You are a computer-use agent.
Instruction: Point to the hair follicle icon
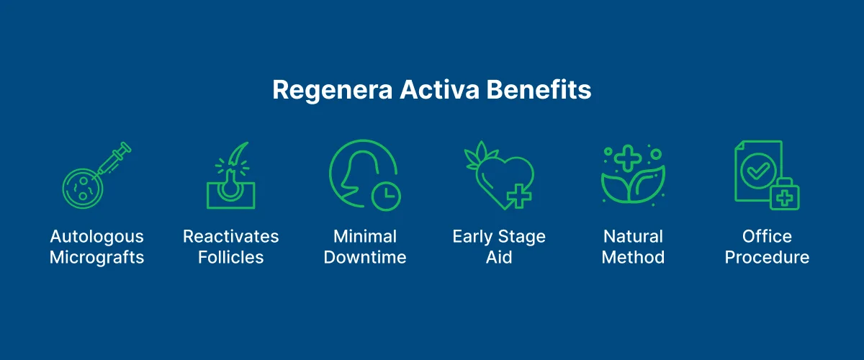click(230, 177)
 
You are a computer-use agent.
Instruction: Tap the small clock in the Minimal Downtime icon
click(386, 195)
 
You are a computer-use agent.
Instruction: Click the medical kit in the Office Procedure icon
click(784, 194)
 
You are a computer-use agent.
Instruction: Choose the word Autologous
click(96, 237)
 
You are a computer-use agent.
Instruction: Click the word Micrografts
click(96, 258)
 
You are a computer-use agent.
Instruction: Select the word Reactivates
click(230, 237)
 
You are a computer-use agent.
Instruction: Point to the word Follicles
click(230, 258)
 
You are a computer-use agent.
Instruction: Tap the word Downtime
click(365, 258)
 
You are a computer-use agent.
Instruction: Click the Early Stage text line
click(498, 237)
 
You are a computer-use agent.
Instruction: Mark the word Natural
click(633, 237)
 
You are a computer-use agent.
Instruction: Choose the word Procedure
click(767, 258)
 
